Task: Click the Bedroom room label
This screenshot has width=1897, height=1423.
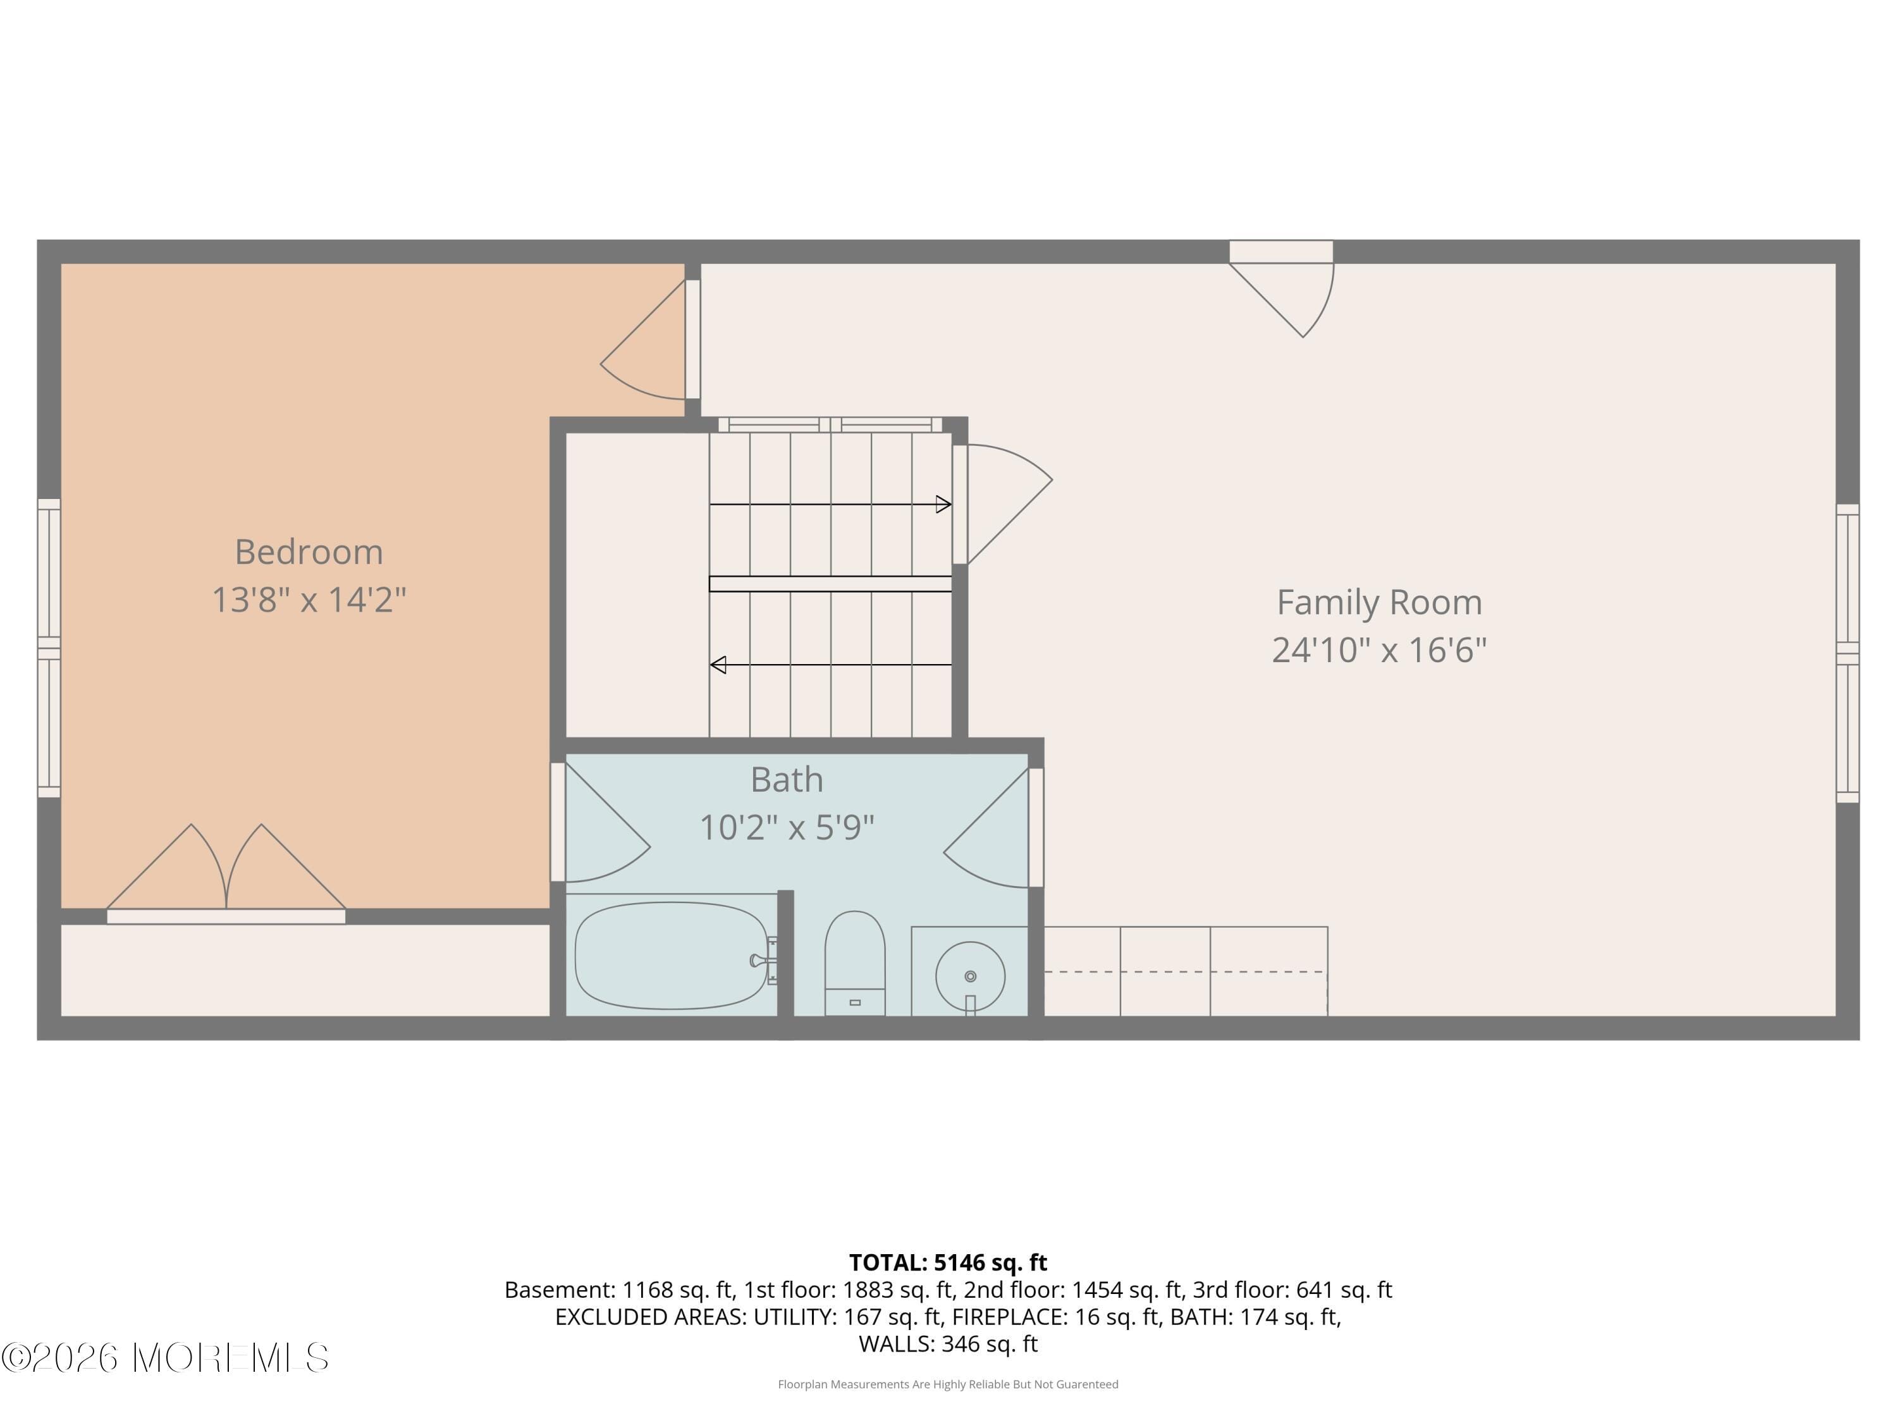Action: (309, 551)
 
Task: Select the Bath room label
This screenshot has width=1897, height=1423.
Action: (787, 780)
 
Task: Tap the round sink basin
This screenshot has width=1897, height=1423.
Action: (970, 976)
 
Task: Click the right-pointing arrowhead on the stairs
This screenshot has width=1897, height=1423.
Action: (943, 504)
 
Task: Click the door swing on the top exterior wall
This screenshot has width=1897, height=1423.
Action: (1286, 292)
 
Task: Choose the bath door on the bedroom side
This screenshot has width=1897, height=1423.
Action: (600, 828)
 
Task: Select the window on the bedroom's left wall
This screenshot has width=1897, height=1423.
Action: (49, 648)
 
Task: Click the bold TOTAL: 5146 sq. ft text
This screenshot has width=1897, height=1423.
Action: (948, 1262)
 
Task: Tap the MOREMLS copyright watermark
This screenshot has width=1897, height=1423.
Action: (164, 1358)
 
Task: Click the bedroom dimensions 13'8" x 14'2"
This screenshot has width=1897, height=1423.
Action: (309, 600)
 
